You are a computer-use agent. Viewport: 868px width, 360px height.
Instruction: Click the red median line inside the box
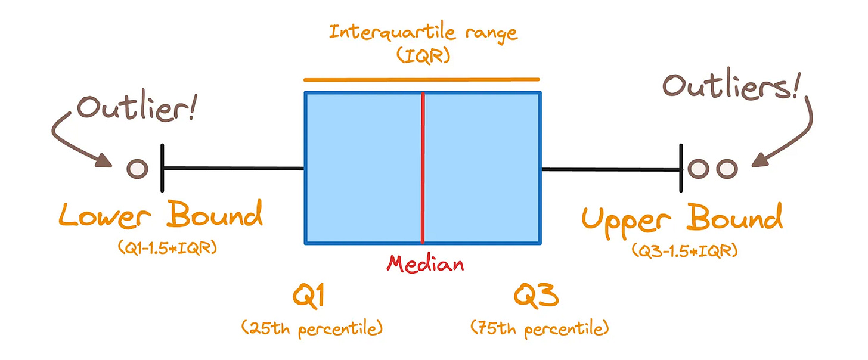[x=423, y=168]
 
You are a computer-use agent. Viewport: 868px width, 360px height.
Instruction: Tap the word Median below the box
[x=424, y=263]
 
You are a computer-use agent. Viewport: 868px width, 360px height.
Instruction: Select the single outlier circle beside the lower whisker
[x=137, y=169]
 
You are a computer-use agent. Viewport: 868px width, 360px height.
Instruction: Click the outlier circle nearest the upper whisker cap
[x=697, y=169]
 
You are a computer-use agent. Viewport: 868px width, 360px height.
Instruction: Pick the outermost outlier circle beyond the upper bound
[x=727, y=169]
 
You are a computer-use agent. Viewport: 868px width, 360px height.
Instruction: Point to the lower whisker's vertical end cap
[x=162, y=169]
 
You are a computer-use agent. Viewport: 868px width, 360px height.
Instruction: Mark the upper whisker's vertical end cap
[x=681, y=169]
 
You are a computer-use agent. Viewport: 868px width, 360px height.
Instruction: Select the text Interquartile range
[x=424, y=32]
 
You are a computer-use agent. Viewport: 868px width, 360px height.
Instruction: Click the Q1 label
[x=309, y=296]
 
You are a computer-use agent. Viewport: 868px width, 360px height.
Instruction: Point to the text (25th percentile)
[x=311, y=328]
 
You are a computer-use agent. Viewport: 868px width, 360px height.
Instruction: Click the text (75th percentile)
[x=540, y=328]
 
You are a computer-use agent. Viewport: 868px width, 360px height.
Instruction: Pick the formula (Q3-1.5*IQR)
[x=684, y=251]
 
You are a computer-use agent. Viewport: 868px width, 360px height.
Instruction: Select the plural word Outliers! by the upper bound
[x=731, y=88]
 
